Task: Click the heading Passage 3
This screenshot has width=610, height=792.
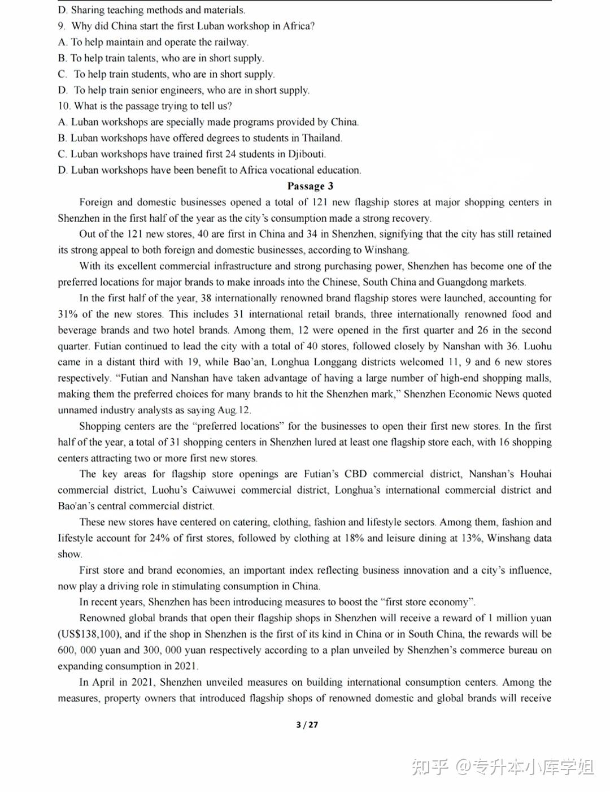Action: [x=310, y=186]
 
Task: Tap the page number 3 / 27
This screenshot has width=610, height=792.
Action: [x=307, y=725]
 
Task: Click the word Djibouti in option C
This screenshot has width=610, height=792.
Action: [x=306, y=154]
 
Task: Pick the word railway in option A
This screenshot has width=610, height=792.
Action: [x=230, y=42]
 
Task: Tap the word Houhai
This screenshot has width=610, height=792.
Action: [x=535, y=474]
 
